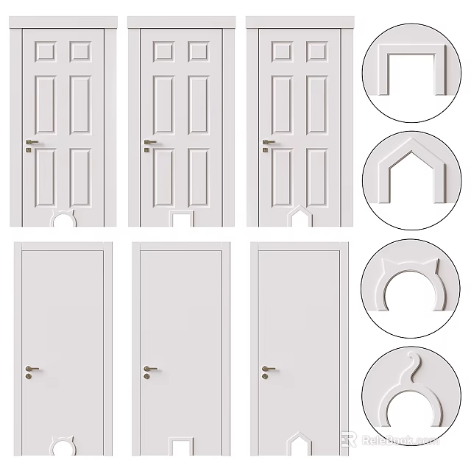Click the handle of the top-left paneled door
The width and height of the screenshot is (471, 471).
pos(32,142)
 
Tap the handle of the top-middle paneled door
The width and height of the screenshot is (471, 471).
pos(150,142)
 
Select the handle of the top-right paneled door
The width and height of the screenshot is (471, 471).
pos(268,142)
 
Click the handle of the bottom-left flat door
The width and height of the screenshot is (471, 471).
pos(32,368)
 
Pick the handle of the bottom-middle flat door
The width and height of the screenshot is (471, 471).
pos(150,368)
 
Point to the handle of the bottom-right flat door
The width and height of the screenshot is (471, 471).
pos(268,368)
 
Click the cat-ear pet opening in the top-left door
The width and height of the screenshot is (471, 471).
pos(63,219)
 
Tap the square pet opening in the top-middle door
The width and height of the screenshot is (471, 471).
pos(180,219)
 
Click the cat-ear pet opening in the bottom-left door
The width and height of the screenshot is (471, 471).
pos(63,445)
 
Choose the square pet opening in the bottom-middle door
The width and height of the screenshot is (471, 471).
pos(180,445)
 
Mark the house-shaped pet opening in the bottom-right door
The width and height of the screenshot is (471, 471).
pos(297,444)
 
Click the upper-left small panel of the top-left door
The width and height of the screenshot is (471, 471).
pos(44,51)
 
